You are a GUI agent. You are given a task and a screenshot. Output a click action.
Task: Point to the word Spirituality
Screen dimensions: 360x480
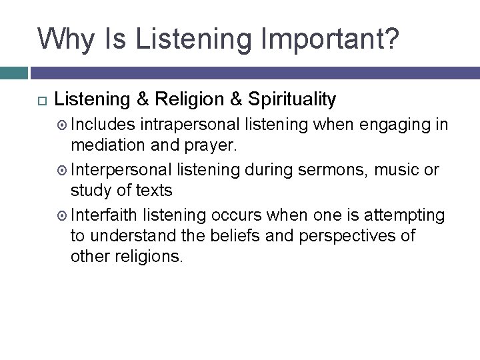click(x=291, y=100)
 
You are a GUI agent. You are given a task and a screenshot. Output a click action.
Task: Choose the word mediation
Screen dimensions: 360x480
click(x=107, y=147)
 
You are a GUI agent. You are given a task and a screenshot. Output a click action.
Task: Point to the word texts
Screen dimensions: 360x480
click(x=153, y=191)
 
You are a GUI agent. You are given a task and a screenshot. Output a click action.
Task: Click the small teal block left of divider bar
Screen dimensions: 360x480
click(x=13, y=73)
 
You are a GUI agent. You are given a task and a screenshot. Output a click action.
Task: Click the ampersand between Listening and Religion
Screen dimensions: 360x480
click(x=142, y=100)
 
